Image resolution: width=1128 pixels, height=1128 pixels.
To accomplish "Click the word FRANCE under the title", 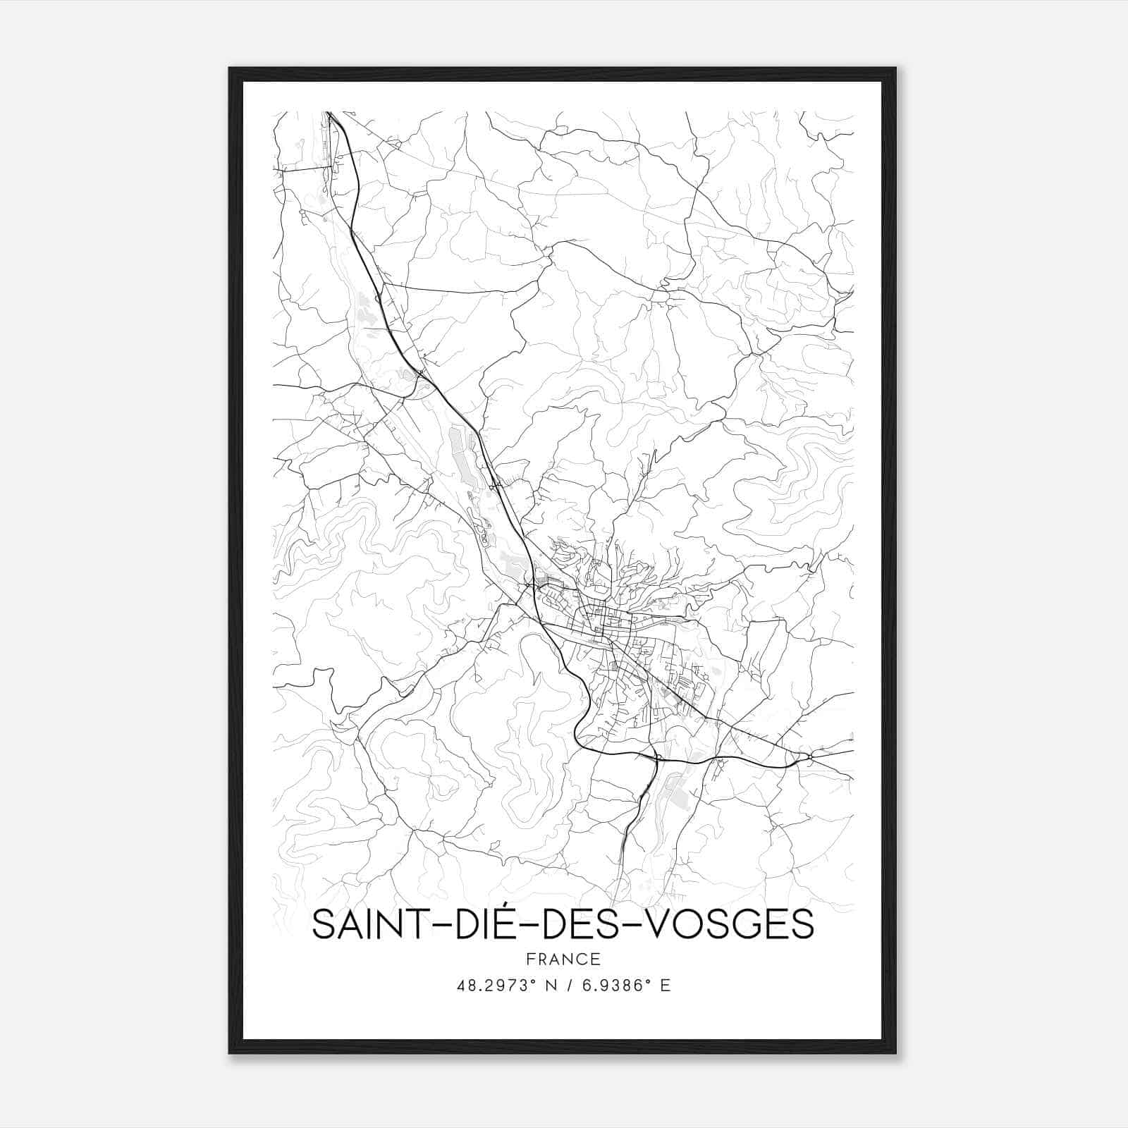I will click(563, 959).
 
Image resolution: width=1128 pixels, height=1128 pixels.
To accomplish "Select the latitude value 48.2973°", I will click(491, 986).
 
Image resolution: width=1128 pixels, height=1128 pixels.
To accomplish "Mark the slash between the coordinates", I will click(568, 986).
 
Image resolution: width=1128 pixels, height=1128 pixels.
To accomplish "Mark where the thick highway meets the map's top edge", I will click(329, 113).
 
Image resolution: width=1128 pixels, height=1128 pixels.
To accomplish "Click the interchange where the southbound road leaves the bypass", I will click(655, 759).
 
